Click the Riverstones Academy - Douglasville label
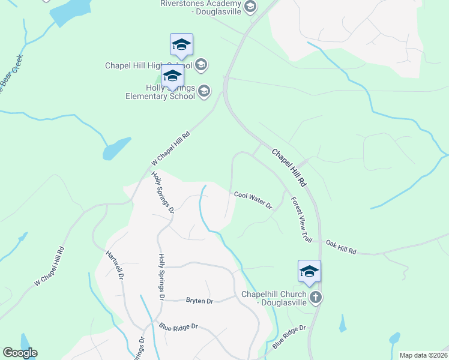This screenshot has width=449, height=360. pos(200,7)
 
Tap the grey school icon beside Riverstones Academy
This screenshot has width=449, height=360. pos(251,7)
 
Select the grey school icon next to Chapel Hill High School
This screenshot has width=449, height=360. pos(201,64)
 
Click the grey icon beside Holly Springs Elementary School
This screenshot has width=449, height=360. pos(204,91)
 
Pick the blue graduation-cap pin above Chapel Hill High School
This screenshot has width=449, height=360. pos(181,45)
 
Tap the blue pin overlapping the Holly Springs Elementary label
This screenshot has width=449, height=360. pos(172,77)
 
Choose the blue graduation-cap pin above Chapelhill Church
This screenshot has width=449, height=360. pos(309,272)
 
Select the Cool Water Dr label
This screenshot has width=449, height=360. pos(253,200)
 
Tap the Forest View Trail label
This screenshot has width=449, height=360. pos(301,220)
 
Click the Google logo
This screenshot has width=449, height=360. pos(20,353)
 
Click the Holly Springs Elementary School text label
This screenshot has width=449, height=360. pos(160,92)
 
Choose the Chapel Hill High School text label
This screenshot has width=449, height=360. pos(148,65)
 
